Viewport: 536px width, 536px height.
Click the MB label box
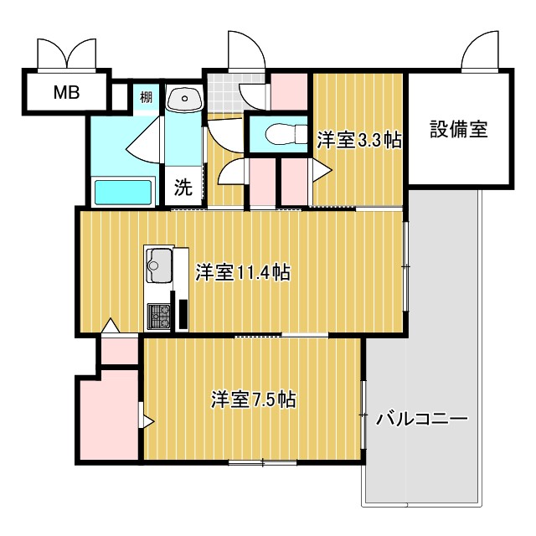click(66, 92)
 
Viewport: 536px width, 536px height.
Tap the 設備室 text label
click(459, 130)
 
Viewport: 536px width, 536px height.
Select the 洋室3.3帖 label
click(358, 141)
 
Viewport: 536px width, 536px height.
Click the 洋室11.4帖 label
click(243, 272)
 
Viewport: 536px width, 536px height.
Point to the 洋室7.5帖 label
click(252, 399)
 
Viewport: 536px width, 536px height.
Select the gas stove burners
click(160, 316)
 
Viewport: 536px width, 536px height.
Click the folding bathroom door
click(144, 139)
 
